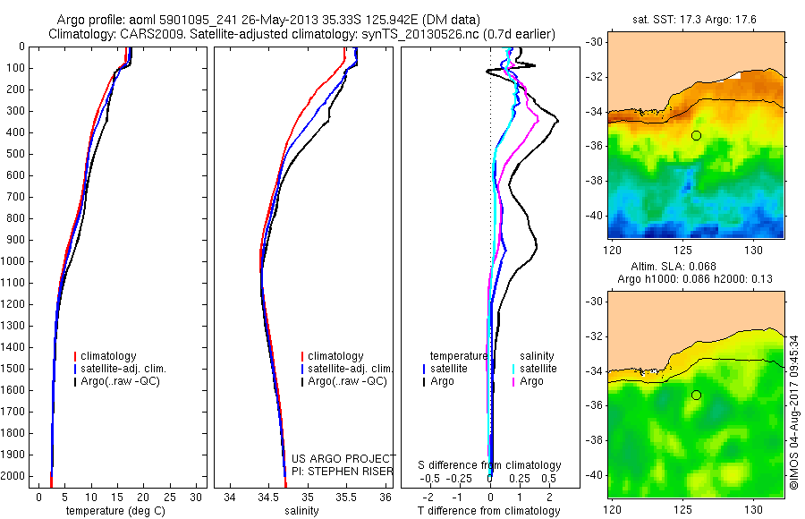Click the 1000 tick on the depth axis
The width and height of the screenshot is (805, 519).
click(x=15, y=261)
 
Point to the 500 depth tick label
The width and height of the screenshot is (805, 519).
click(x=15, y=154)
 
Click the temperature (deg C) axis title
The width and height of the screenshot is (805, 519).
click(x=119, y=511)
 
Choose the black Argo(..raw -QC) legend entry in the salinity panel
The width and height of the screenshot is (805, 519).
click(x=347, y=381)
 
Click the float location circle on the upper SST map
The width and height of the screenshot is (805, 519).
click(x=696, y=135)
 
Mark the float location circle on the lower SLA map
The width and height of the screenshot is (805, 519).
click(x=696, y=395)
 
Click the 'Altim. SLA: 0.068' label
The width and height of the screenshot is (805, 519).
click(x=694, y=268)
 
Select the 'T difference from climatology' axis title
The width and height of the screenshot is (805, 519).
click(x=488, y=511)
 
